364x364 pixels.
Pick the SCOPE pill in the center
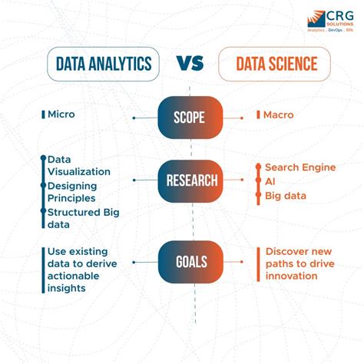click(190, 117)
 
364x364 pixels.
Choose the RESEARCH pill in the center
click(190, 181)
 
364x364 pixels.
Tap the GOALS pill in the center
click(190, 262)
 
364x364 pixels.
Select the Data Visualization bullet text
click(78, 165)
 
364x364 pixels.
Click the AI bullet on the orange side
click(270, 181)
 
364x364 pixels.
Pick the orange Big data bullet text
click(285, 196)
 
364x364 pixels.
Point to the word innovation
click(293, 275)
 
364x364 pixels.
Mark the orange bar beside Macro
click(259, 115)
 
